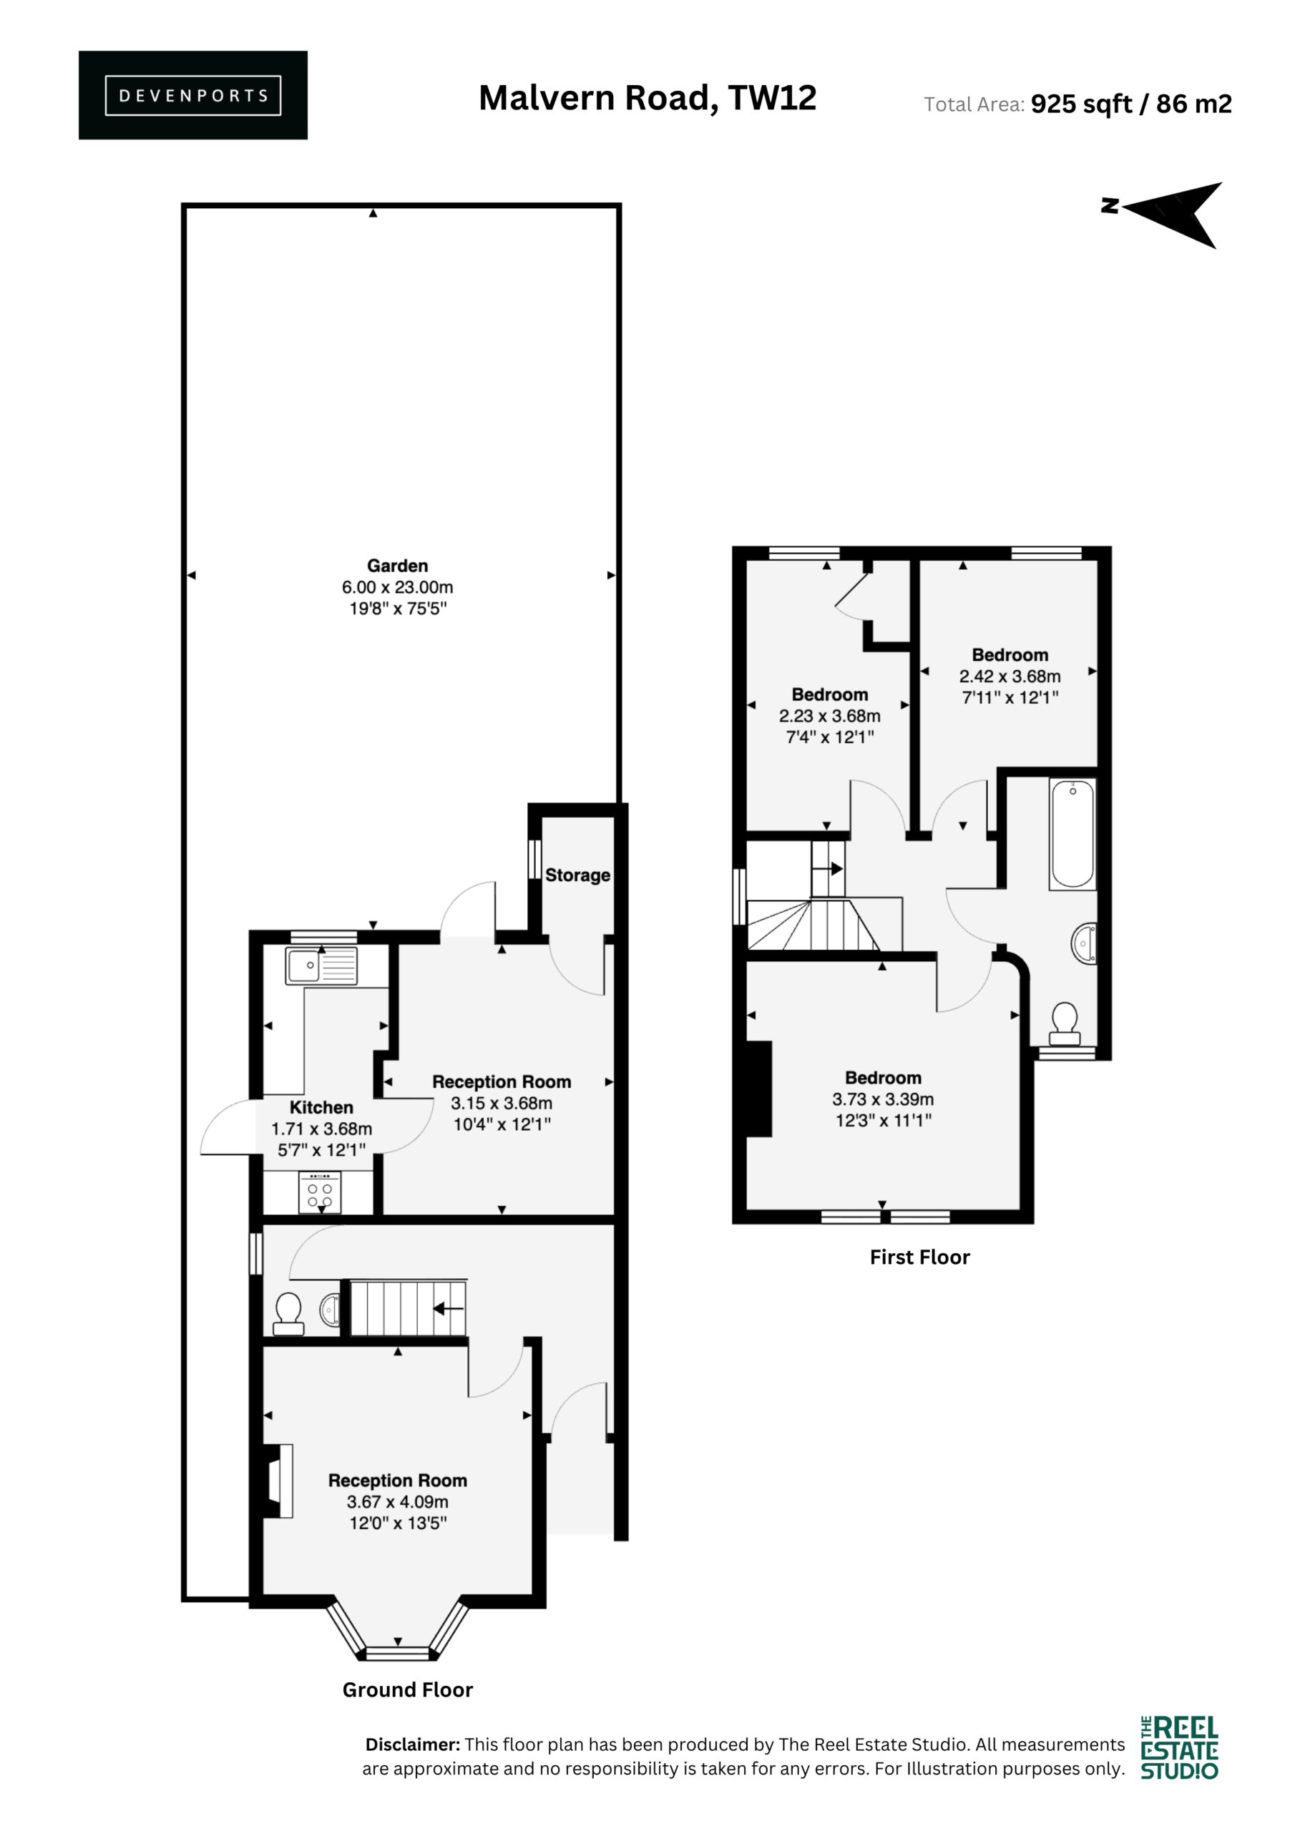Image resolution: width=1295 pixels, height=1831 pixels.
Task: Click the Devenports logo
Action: point(193,95)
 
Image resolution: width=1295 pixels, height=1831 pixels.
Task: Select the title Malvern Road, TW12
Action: point(647,98)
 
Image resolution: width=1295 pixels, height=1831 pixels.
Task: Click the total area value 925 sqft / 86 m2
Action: point(1130,104)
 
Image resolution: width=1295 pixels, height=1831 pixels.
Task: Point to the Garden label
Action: point(397,566)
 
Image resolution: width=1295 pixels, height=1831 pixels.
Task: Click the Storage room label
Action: point(577,875)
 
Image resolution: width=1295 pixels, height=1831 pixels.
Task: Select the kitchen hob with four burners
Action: point(320,1192)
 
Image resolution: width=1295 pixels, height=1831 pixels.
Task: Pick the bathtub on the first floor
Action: point(1073,834)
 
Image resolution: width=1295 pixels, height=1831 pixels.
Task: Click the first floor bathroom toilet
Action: point(1065,1025)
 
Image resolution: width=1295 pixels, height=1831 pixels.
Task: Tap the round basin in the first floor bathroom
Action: point(1083,943)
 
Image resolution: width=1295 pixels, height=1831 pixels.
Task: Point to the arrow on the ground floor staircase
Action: point(449,1309)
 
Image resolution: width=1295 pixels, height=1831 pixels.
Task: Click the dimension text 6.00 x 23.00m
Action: point(397,587)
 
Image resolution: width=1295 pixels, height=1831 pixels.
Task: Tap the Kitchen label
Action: point(321,1107)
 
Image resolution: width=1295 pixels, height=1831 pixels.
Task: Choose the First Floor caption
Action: point(919,1257)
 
